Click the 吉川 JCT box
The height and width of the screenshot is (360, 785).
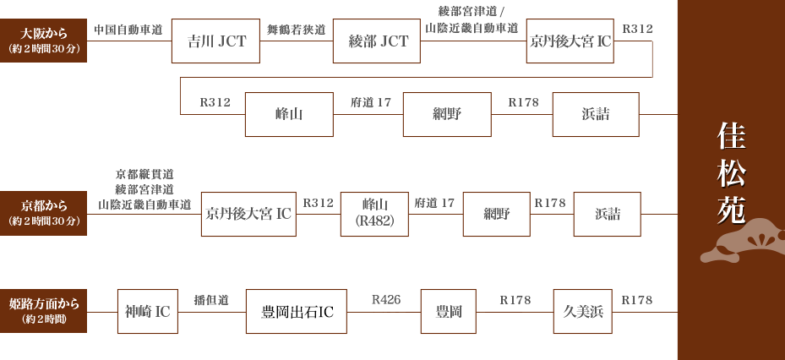(215, 41)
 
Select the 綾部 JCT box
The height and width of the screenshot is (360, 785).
(378, 41)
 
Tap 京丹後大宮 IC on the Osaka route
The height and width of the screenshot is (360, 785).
(570, 41)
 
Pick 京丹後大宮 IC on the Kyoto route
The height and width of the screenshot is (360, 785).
(248, 215)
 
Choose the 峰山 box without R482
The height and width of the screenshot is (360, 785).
(289, 115)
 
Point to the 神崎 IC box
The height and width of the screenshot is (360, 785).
(148, 312)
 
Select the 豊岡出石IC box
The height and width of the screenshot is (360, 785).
(297, 312)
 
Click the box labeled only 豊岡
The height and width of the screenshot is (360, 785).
(449, 312)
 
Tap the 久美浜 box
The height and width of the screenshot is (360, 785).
(583, 312)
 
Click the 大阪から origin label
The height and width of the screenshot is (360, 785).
(44, 41)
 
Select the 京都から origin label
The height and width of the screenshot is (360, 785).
(44, 213)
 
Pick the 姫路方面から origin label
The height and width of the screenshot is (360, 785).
(44, 311)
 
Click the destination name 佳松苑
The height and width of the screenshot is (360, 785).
(730, 173)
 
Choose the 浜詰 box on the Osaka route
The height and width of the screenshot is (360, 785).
(596, 115)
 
